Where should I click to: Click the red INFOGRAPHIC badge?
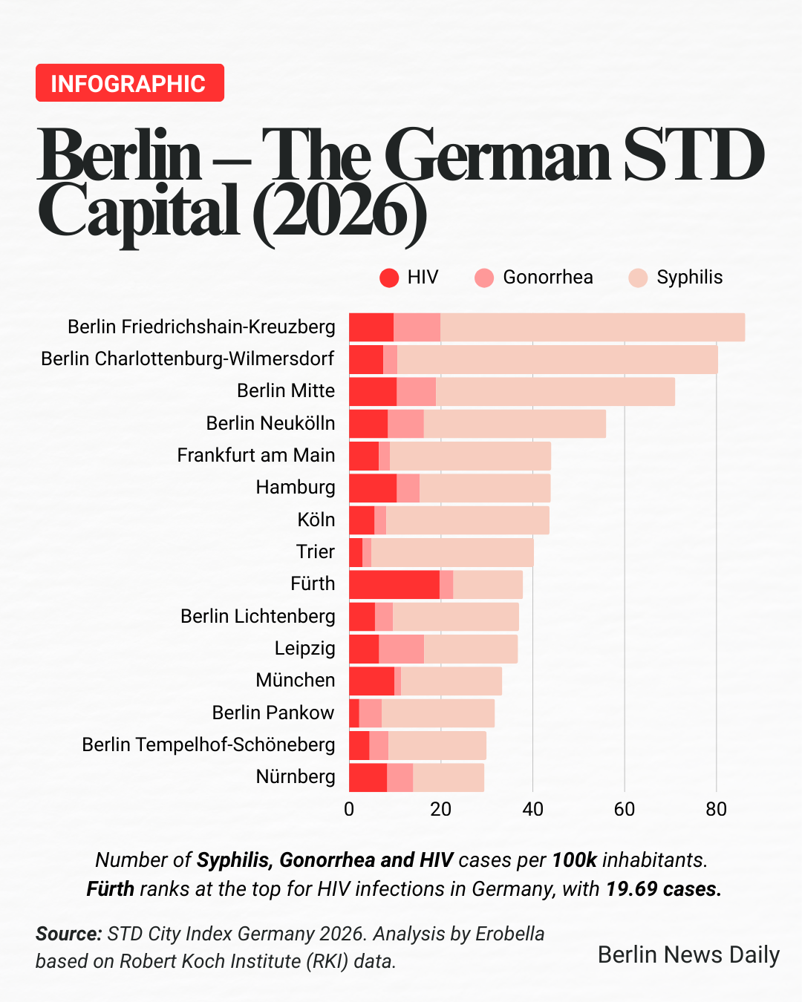pyautogui.click(x=129, y=83)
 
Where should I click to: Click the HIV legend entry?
pyautogui.click(x=408, y=278)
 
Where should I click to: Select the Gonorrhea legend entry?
pyautogui.click(x=534, y=278)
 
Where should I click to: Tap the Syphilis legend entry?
pyautogui.click(x=675, y=278)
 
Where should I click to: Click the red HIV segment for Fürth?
pyautogui.click(x=394, y=584)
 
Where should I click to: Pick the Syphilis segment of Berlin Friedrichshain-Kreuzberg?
pyautogui.click(x=592, y=327)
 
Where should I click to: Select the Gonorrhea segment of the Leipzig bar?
pyautogui.click(x=401, y=649)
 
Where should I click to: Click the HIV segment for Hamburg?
pyautogui.click(x=373, y=488)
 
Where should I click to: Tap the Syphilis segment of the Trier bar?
pyautogui.click(x=451, y=552)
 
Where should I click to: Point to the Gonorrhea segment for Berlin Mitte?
pyautogui.click(x=416, y=391)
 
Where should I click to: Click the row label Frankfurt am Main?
pyautogui.click(x=255, y=455)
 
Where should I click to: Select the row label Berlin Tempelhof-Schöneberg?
pyautogui.click(x=208, y=744)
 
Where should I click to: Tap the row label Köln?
pyautogui.click(x=316, y=520)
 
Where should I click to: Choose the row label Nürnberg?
pyautogui.click(x=295, y=776)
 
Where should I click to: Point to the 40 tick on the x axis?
pyautogui.click(x=532, y=809)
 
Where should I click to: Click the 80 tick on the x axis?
pyautogui.click(x=716, y=809)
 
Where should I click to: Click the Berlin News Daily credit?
pyautogui.click(x=688, y=954)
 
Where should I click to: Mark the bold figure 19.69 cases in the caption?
pyautogui.click(x=663, y=888)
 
